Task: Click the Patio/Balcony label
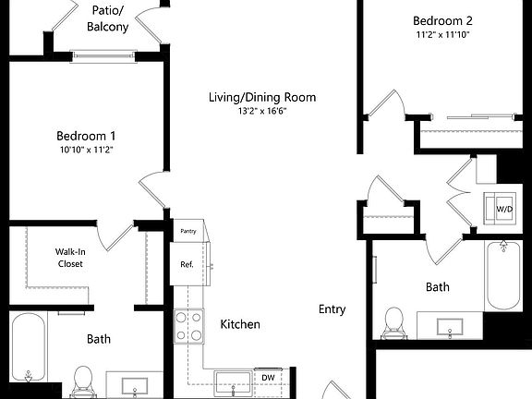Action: pyautogui.click(x=108, y=18)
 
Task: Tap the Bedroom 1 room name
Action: pyautogui.click(x=85, y=135)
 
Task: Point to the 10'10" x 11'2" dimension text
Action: pyautogui.click(x=85, y=150)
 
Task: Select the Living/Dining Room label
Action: pyautogui.click(x=274, y=97)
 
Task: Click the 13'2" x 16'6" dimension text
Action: pyautogui.click(x=274, y=112)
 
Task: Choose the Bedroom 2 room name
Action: pyautogui.click(x=442, y=20)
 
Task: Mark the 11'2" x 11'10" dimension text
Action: pyautogui.click(x=442, y=35)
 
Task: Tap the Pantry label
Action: pyautogui.click(x=188, y=232)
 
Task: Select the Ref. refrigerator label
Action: pyautogui.click(x=187, y=265)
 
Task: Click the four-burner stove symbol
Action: pyautogui.click(x=189, y=325)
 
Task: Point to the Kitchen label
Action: pyautogui.click(x=239, y=324)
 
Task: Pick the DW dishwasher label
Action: pyautogui.click(x=268, y=378)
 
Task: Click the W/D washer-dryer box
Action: pyautogui.click(x=505, y=210)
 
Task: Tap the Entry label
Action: pyautogui.click(x=332, y=309)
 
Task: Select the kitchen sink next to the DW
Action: pyautogui.click(x=231, y=381)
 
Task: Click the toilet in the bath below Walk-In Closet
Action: pyautogui.click(x=84, y=380)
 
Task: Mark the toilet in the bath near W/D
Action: pyautogui.click(x=394, y=321)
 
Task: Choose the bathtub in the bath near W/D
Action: pyautogui.click(x=503, y=277)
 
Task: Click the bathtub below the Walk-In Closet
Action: pyautogui.click(x=30, y=349)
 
